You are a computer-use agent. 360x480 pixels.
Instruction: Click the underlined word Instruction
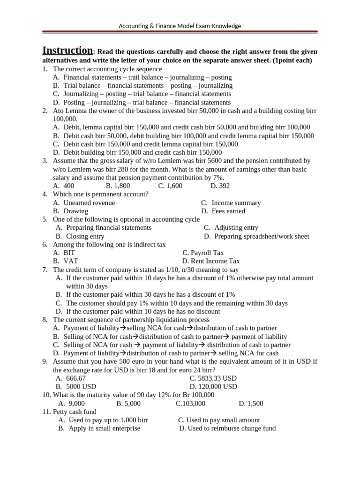tap(67, 51)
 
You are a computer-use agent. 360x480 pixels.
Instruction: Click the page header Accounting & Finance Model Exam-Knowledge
tap(180, 26)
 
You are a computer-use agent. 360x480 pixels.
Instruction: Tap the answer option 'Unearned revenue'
tap(89, 203)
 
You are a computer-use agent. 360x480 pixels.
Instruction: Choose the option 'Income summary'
tap(236, 203)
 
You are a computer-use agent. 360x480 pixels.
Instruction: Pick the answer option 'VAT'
tap(70, 261)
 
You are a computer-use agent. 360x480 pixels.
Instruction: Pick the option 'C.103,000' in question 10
tap(190, 403)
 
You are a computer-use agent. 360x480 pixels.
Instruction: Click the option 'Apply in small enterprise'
tap(104, 428)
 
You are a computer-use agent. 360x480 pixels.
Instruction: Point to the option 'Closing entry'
tap(85, 236)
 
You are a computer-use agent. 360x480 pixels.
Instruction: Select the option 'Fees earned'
tap(228, 211)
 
